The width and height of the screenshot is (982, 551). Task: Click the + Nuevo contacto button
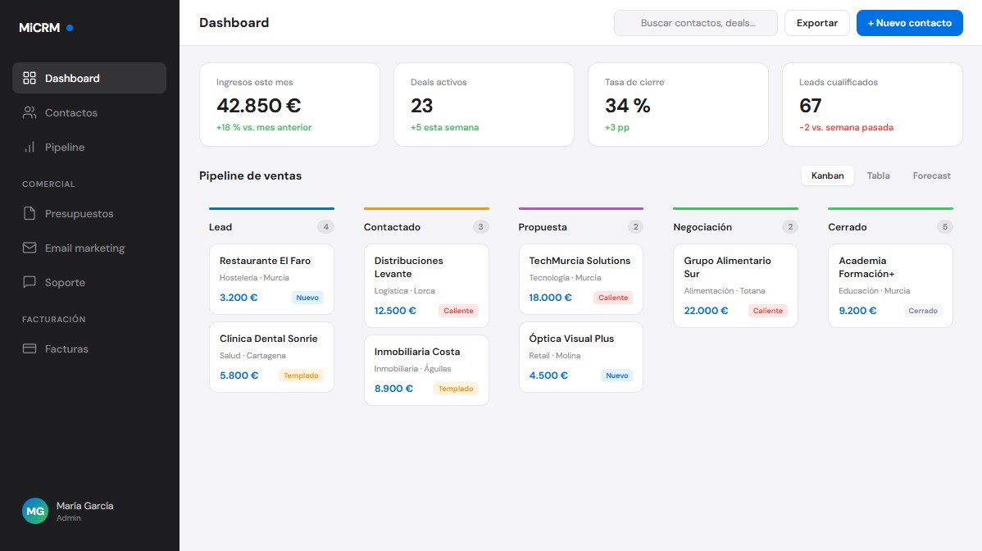tap(909, 23)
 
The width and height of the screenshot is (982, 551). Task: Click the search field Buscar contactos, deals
tap(695, 23)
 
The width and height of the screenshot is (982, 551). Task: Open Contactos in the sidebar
tap(71, 113)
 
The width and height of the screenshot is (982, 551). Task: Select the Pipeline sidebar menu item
tap(65, 148)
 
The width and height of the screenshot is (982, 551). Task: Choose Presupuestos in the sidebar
tap(79, 214)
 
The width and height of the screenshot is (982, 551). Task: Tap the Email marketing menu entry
tap(84, 248)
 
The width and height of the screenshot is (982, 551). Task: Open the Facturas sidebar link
tap(66, 349)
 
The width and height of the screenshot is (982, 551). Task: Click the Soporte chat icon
tap(30, 283)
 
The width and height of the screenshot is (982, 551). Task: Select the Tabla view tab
tap(878, 175)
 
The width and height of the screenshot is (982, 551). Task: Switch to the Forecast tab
tap(931, 175)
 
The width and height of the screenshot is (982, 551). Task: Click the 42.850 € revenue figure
tap(258, 106)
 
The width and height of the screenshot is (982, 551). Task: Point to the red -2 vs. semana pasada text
tap(846, 128)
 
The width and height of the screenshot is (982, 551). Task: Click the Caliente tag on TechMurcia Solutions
tap(613, 298)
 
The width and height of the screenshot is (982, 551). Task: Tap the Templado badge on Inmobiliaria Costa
tap(456, 389)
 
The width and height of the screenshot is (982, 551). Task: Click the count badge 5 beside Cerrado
tap(945, 227)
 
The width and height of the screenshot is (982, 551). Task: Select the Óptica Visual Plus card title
tap(571, 339)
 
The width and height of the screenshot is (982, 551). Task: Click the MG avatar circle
tap(35, 511)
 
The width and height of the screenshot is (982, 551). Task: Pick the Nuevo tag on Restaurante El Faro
tap(307, 298)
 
